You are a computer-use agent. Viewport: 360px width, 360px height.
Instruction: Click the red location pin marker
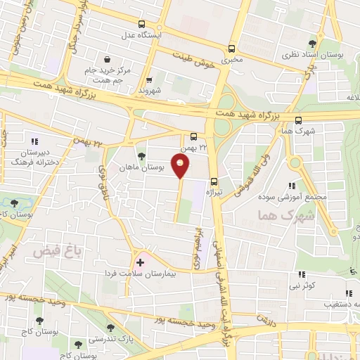pyautogui.click(x=181, y=167)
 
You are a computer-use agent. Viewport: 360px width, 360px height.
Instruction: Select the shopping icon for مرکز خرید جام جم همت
pyautogui.click(x=107, y=60)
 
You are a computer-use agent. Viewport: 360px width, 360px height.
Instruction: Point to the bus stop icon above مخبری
pyautogui.click(x=231, y=49)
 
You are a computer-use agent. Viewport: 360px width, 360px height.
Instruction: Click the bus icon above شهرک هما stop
pyautogui.click(x=298, y=120)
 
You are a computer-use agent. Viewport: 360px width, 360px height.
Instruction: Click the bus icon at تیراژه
pyautogui.click(x=214, y=181)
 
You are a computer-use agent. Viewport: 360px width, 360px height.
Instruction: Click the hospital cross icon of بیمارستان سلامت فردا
pyautogui.click(x=141, y=263)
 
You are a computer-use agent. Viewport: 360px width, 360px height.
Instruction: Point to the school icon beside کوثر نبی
pyautogui.click(x=302, y=274)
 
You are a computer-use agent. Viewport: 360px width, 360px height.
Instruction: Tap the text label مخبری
pyautogui.click(x=231, y=60)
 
